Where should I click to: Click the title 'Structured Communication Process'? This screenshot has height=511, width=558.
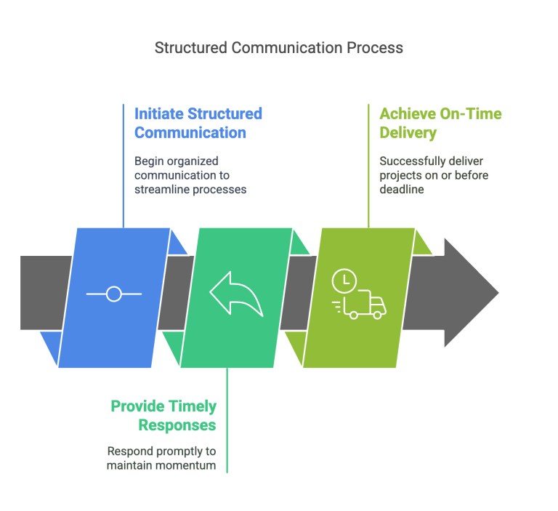[x=279, y=48]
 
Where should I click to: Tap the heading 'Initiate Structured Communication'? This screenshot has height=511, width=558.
[x=198, y=123]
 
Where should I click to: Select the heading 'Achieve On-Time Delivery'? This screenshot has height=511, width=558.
[x=440, y=123]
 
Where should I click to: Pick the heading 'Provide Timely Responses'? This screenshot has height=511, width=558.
[x=163, y=415]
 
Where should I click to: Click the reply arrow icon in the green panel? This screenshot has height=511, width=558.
[x=235, y=294]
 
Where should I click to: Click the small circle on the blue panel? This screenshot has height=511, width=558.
[x=113, y=294]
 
